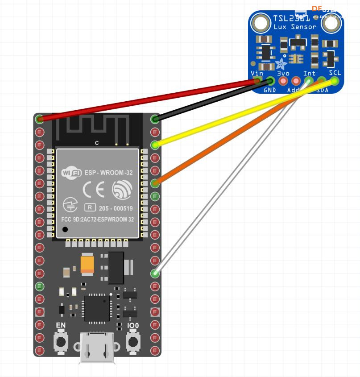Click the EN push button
click(x=60, y=342)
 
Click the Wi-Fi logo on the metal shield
click(x=71, y=172)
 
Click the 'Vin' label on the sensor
click(x=257, y=73)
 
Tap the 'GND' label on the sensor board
click(x=270, y=90)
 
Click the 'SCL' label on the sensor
click(x=335, y=73)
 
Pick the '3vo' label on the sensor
click(x=283, y=73)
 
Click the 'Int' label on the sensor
click(x=309, y=73)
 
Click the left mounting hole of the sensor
click(x=259, y=22)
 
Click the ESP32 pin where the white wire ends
click(x=155, y=273)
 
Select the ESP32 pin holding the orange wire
click(x=155, y=183)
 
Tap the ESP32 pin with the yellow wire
click(x=155, y=145)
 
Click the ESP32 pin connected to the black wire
click(x=155, y=119)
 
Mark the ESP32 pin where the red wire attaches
click(x=39, y=119)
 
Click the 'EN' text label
click(x=61, y=326)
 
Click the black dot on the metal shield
click(x=66, y=229)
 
